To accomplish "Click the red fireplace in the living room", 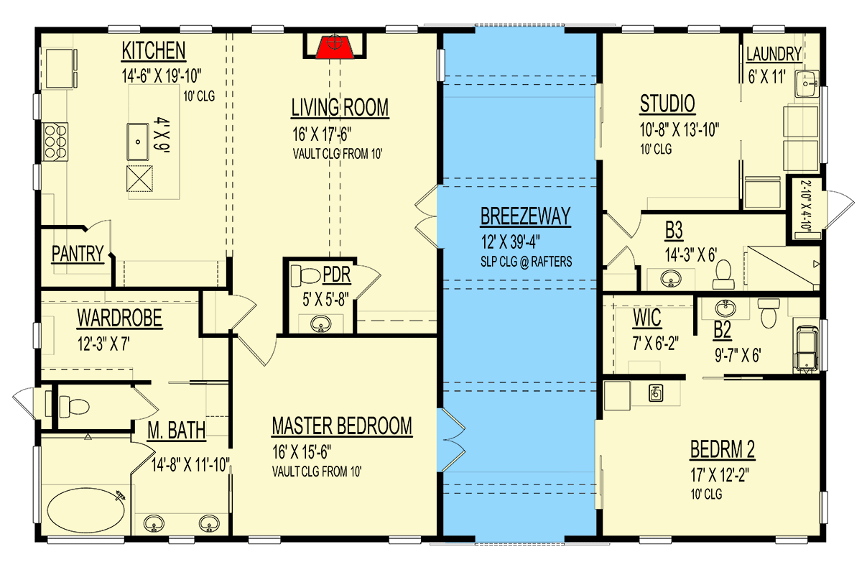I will (x=331, y=45).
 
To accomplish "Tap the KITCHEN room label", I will (x=154, y=51).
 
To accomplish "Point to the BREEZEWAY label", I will (x=525, y=216).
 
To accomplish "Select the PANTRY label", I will (x=78, y=254).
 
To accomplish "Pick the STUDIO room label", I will (x=667, y=104).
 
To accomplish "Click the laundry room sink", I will (x=807, y=83).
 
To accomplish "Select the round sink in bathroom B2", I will (x=725, y=308).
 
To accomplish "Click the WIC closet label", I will (x=647, y=316).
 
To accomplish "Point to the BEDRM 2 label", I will (x=722, y=450).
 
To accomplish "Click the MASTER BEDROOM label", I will (x=342, y=426).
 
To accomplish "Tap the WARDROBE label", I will (x=119, y=317).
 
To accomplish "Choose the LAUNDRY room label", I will (x=774, y=54).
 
